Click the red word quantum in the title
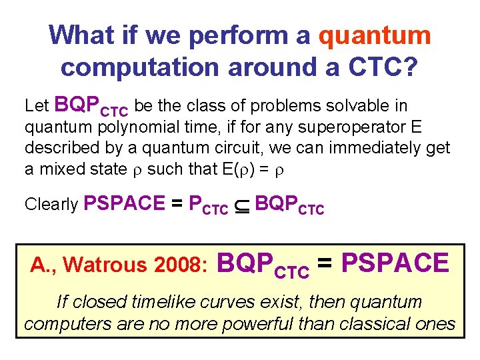coord(375,35)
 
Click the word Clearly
coord(51,205)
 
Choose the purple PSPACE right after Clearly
coord(125,203)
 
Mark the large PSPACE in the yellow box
coord(395,263)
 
